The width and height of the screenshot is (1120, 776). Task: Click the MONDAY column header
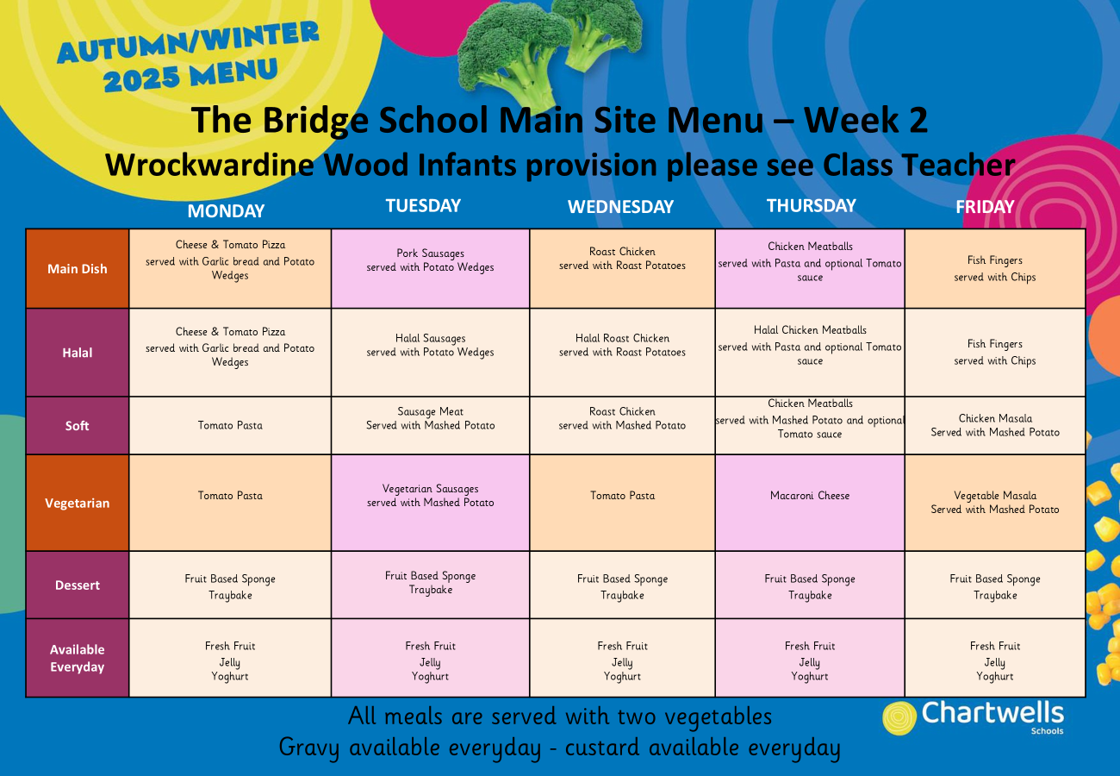[226, 210]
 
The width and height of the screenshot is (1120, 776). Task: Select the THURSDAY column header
[811, 205]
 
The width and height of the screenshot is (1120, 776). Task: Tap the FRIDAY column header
[985, 207]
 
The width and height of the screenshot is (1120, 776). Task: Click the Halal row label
[77, 353]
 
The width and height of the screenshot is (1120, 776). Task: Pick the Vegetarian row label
[77, 503]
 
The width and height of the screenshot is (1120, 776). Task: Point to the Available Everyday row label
[77, 658]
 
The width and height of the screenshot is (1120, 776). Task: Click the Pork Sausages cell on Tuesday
[430, 269]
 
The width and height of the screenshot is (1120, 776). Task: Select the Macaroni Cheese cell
[810, 503]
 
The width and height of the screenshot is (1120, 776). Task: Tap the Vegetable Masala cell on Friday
[994, 503]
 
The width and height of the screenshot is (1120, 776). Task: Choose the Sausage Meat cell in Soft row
[430, 426]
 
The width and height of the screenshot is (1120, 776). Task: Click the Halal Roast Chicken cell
[622, 353]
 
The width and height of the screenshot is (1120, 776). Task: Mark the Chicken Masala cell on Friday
[994, 426]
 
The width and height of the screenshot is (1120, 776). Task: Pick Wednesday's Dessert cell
[622, 585]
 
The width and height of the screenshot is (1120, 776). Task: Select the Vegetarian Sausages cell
[430, 503]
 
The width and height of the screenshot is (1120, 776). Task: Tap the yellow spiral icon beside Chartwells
[899, 718]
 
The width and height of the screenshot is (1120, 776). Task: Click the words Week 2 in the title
[866, 120]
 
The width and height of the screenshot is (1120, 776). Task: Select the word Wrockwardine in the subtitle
[209, 165]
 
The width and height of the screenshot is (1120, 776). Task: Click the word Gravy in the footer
[309, 748]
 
